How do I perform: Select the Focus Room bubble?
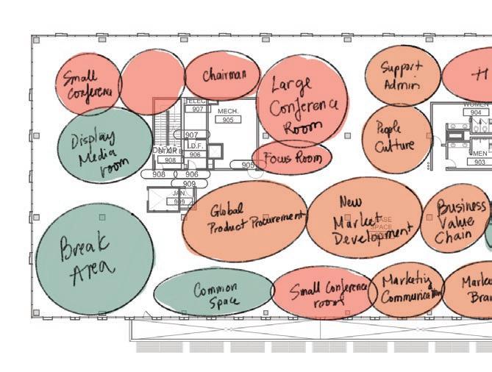click(x=292, y=158)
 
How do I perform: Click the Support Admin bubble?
click(x=402, y=76)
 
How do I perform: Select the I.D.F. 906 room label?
click(x=195, y=151)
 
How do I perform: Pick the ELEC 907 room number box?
click(x=197, y=109)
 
